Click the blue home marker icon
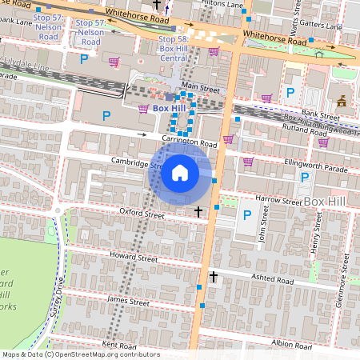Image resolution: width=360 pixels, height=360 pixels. (180, 172)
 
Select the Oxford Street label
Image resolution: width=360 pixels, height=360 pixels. (142, 214)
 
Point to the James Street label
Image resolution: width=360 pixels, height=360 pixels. (128, 303)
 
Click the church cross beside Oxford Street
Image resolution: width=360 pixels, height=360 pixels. (199, 212)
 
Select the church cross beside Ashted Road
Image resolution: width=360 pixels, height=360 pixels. (213, 277)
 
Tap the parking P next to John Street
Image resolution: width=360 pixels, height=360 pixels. (247, 214)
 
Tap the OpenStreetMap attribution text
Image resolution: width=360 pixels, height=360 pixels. (80, 354)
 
